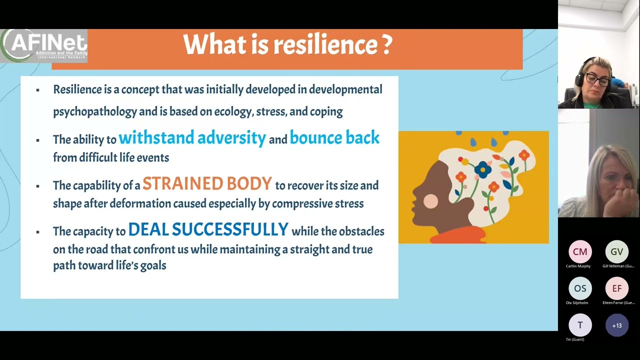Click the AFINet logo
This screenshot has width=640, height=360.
coord(44,45)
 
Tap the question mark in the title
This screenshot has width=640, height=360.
coord(387,45)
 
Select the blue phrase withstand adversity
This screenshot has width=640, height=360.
coord(192,138)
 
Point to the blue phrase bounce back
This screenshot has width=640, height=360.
coord(334,138)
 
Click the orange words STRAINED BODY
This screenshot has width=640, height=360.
coord(207,184)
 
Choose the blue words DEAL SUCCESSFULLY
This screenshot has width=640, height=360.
coord(208,230)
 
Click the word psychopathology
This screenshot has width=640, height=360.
coord(95,111)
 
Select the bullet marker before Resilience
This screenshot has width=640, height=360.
coord(37,90)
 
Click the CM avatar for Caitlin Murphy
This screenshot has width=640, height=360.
coord(580,252)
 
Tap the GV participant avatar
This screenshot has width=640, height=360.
coord(616,252)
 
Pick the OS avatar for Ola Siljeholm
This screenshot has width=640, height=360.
coord(580,288)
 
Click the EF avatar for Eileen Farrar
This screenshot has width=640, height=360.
coord(616,288)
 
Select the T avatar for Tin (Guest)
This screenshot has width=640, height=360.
coord(580,325)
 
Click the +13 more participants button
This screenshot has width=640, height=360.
coord(616,325)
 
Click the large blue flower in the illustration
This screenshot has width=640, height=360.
coord(483,169)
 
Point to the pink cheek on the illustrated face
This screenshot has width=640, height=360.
coord(430,201)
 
